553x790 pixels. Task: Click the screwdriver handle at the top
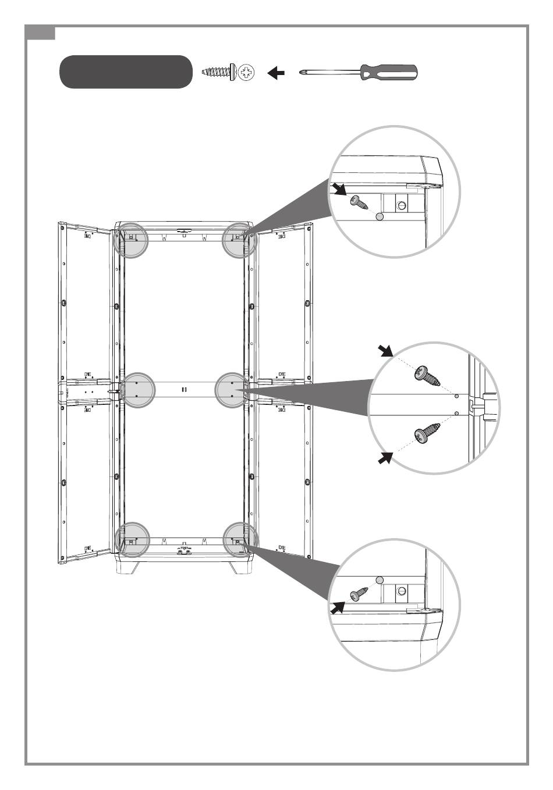[x=389, y=73]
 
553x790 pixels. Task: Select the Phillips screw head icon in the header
[x=247, y=73]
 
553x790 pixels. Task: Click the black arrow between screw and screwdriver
[x=276, y=73]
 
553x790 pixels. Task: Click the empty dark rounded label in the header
[x=126, y=72]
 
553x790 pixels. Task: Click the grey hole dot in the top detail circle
[x=380, y=216]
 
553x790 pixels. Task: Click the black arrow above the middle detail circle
[x=384, y=350]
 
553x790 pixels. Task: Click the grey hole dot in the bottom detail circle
[x=380, y=579]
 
